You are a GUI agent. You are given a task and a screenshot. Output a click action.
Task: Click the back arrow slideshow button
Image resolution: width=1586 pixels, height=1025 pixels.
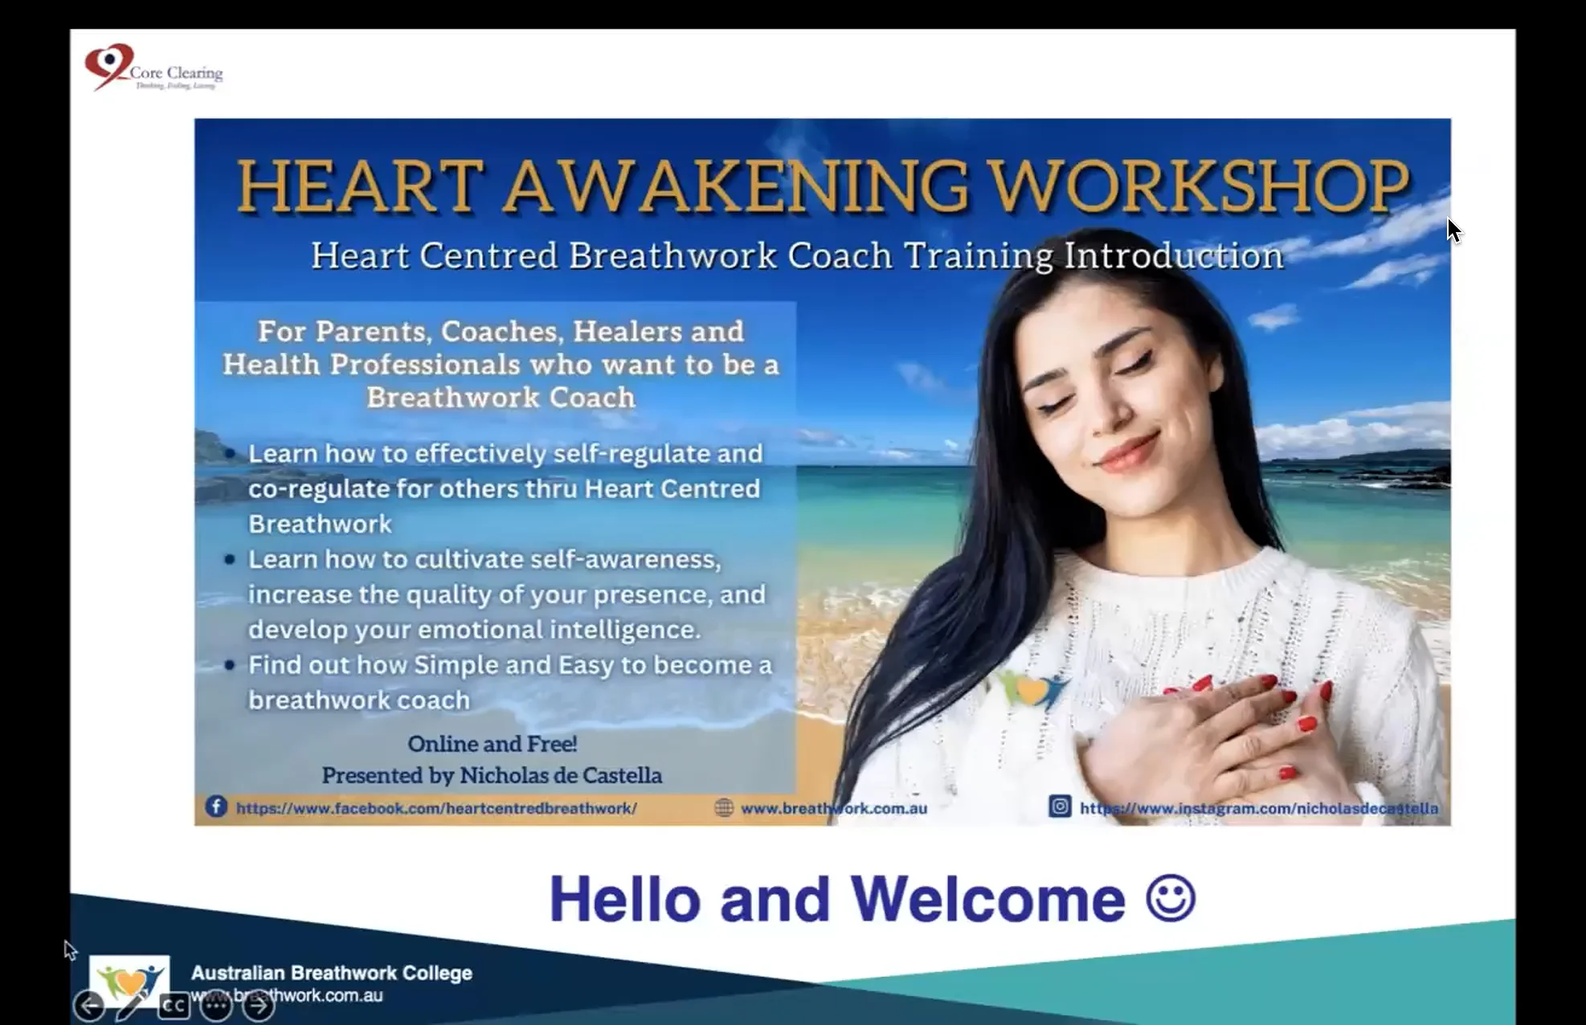pos(89,1006)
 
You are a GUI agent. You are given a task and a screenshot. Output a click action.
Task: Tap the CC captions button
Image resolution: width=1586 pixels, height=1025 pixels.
pos(174,1006)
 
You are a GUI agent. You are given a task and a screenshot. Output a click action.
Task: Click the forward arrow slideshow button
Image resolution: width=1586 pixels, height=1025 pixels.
pos(259,1005)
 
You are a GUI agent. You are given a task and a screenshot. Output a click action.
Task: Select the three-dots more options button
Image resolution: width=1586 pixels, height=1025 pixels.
pos(216,1006)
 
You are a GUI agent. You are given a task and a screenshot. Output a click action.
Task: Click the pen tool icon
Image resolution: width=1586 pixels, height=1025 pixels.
pos(131,1006)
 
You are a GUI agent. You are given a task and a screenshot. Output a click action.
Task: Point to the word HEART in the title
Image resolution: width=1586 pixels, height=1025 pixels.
pos(361,186)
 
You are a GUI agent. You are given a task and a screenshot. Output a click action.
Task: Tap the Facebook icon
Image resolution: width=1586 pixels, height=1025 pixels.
pos(216,807)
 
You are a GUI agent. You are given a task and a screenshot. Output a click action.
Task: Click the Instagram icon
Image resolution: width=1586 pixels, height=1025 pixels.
pos(1060,806)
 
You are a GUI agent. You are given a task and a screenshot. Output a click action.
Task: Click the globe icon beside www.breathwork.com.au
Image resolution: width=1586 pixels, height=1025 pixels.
pos(724,808)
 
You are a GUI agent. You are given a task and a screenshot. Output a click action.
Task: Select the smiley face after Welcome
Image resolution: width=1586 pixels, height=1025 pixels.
pos(1171,898)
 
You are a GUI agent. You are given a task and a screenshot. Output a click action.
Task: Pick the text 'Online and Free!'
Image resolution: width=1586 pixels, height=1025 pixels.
pos(492,744)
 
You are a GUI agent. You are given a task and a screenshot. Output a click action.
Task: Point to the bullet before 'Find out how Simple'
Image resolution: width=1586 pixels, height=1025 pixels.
pos(230,665)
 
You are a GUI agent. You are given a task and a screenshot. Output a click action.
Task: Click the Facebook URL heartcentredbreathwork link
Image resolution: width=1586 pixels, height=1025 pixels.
pos(436,808)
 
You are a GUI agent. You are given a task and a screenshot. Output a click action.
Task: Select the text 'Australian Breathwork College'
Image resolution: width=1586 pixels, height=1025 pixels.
pos(331,973)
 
